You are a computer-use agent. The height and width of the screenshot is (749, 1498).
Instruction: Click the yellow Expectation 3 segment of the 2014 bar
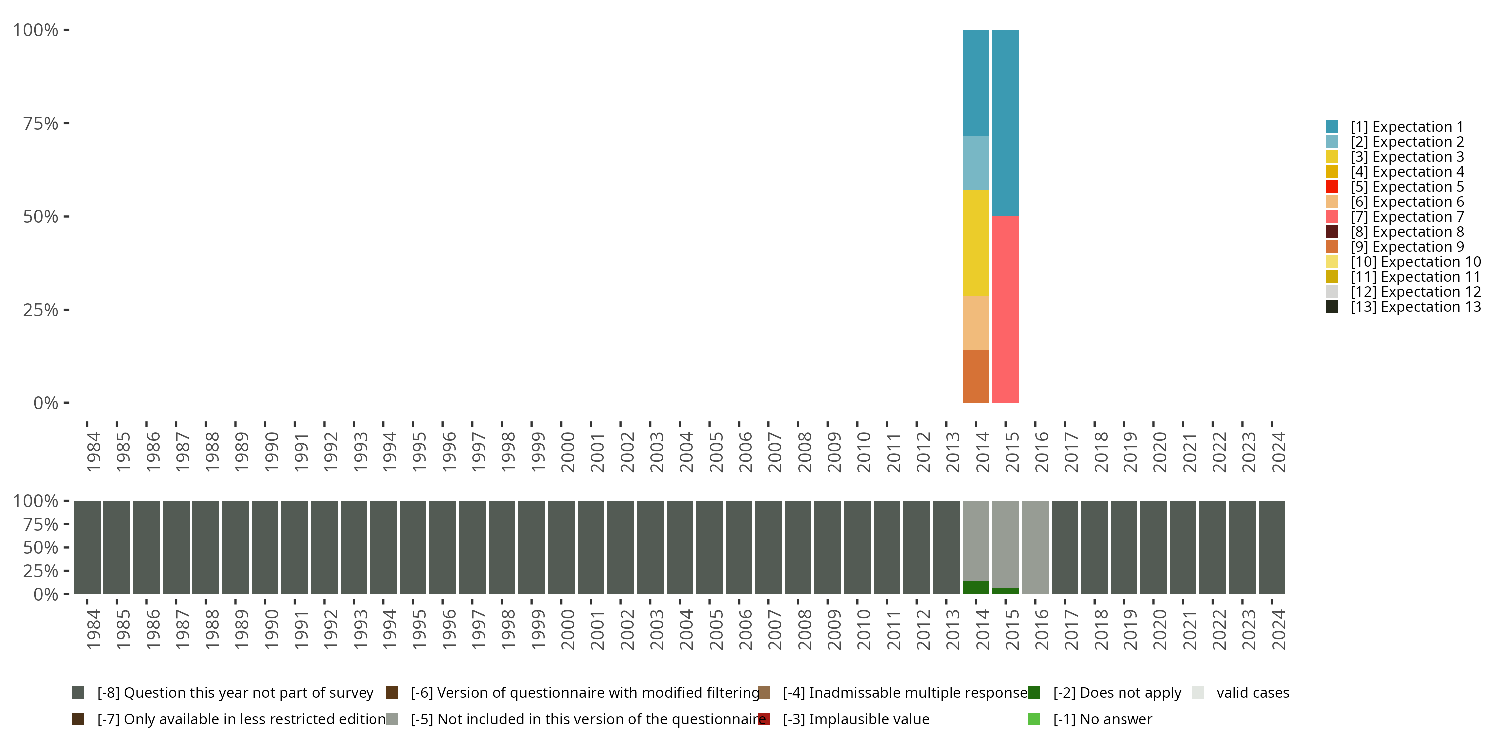click(975, 243)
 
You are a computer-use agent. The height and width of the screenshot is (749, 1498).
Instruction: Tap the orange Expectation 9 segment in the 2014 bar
click(975, 376)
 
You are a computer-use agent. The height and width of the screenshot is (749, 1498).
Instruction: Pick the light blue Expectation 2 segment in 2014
click(975, 163)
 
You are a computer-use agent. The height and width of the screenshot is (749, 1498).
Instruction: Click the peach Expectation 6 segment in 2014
click(975, 323)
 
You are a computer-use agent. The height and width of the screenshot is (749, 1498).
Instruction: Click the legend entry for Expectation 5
click(1406, 187)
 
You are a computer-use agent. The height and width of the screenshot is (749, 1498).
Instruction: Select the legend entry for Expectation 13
click(1415, 307)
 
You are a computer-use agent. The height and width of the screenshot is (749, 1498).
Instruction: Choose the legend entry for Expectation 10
click(1415, 262)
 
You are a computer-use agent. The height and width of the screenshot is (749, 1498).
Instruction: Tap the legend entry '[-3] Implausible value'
click(855, 719)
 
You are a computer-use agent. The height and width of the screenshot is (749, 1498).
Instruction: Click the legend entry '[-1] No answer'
click(1102, 719)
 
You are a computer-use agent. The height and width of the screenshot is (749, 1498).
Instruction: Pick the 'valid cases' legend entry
click(1252, 693)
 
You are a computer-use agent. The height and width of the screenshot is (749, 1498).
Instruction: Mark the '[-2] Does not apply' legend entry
click(1117, 693)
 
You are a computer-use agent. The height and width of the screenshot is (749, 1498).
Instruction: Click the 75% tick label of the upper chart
click(40, 123)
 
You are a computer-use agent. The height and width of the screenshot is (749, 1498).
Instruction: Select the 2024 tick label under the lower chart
click(1279, 630)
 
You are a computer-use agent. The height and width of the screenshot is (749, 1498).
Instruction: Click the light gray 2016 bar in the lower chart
click(1035, 547)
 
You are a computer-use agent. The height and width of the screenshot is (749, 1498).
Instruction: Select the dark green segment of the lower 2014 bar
click(975, 587)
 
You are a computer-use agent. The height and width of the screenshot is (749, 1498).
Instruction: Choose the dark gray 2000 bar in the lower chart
click(561, 547)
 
